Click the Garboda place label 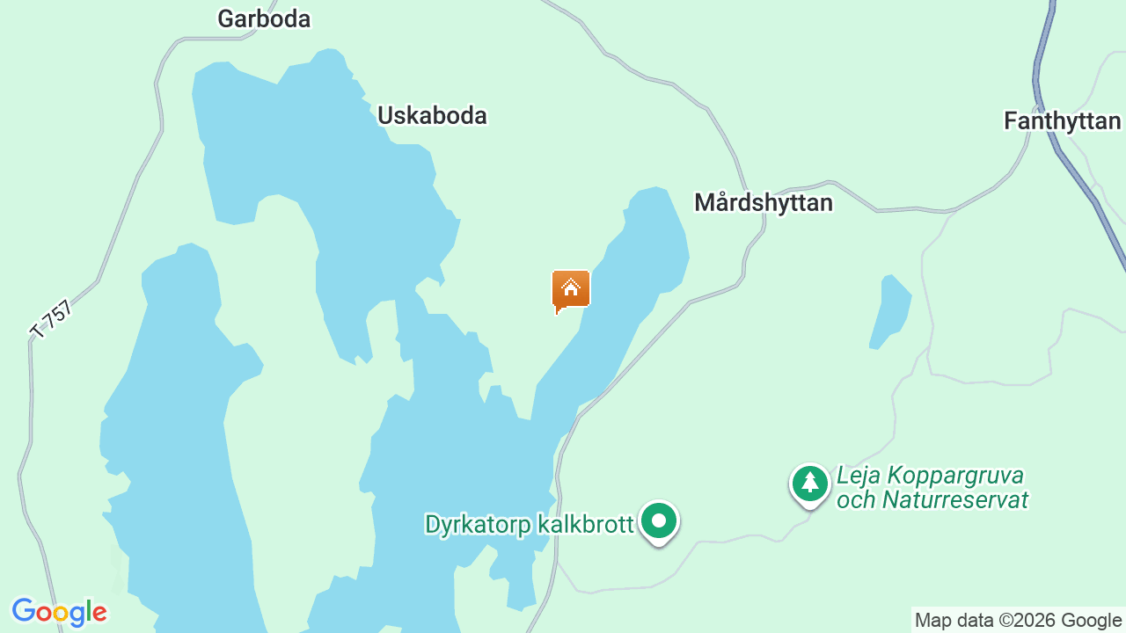click(264, 18)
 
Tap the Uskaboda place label click(432, 115)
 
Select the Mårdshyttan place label click(763, 202)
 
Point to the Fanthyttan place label click(1063, 120)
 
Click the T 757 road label click(51, 318)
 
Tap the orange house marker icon click(570, 289)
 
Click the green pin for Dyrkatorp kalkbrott click(658, 520)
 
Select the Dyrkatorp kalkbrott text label click(529, 525)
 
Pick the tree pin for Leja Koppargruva click(809, 483)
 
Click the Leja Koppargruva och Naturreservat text click(932, 488)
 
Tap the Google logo click(59, 612)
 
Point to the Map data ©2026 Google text click(1018, 621)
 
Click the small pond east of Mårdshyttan click(890, 312)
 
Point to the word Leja click(859, 476)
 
